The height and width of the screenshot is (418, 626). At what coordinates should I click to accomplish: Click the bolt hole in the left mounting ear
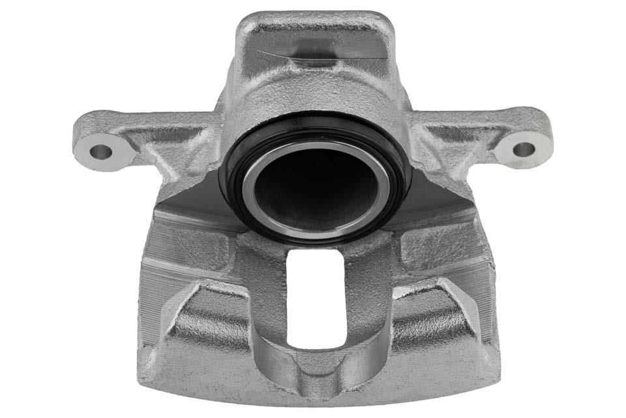101,153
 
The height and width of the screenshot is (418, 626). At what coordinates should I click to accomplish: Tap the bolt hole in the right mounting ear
524,150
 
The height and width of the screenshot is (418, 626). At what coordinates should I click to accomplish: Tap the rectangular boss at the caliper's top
314,39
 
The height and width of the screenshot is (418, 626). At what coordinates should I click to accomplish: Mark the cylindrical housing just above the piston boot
314,98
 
